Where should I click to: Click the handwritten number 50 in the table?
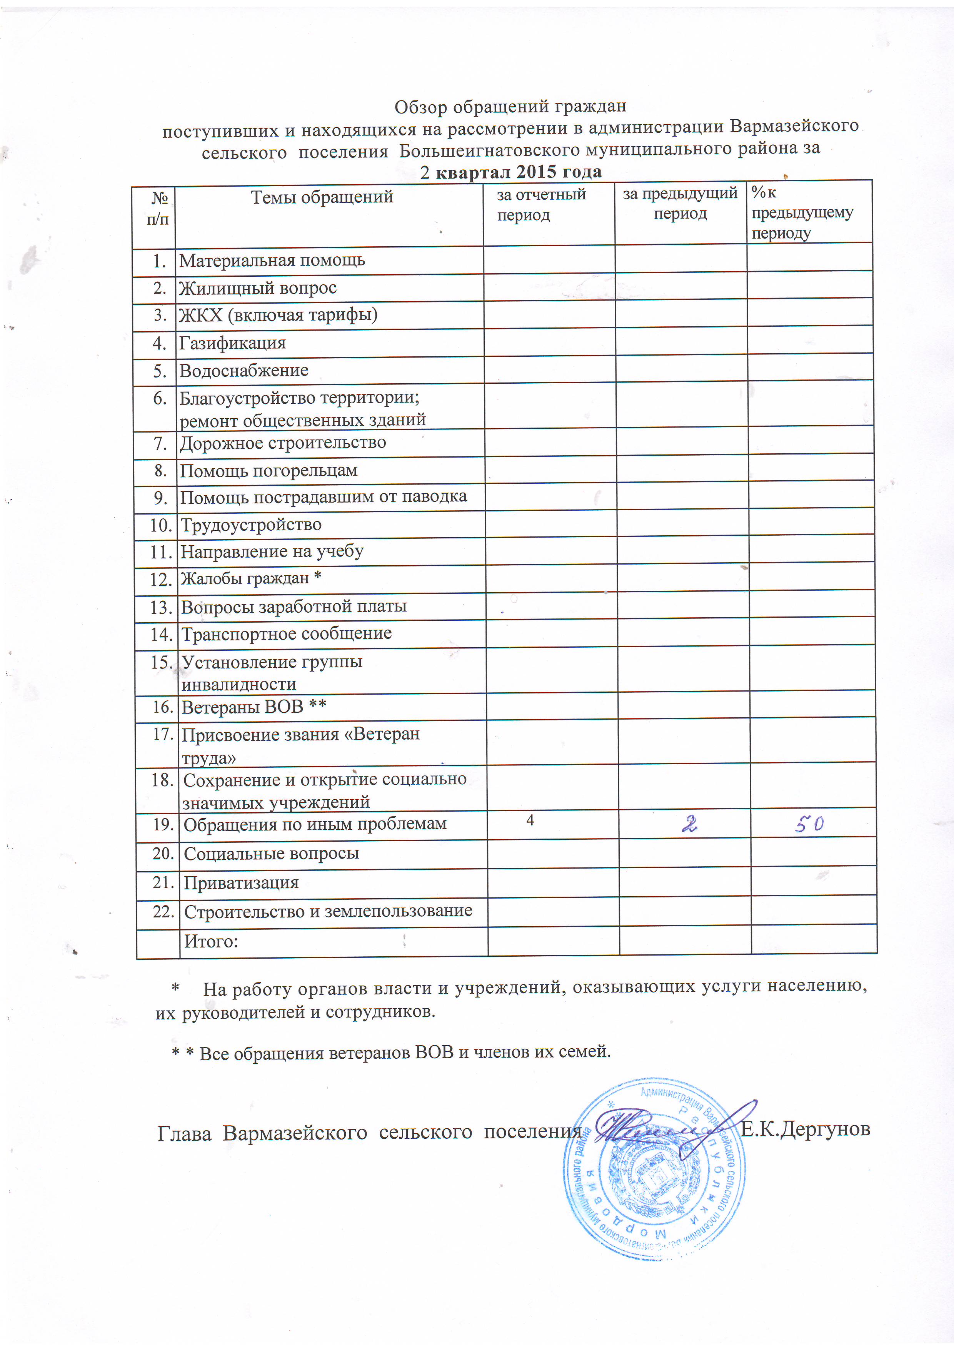pos(809,825)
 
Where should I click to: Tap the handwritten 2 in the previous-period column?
pos(689,825)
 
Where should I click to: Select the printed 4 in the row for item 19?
pos(530,820)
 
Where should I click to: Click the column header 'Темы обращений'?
pos(322,197)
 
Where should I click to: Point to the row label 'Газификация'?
pos(232,343)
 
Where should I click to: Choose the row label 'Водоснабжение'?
pos(244,371)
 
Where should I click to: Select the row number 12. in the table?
pos(160,580)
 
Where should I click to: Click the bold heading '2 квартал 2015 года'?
pos(511,172)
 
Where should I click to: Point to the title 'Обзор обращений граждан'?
pos(510,107)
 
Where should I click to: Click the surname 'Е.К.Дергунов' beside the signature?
pos(805,1129)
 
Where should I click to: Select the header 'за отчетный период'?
pos(541,204)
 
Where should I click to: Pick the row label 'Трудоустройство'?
pos(251,525)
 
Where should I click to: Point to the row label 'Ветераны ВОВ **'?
pos(254,707)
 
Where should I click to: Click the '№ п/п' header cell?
pos(158,209)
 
